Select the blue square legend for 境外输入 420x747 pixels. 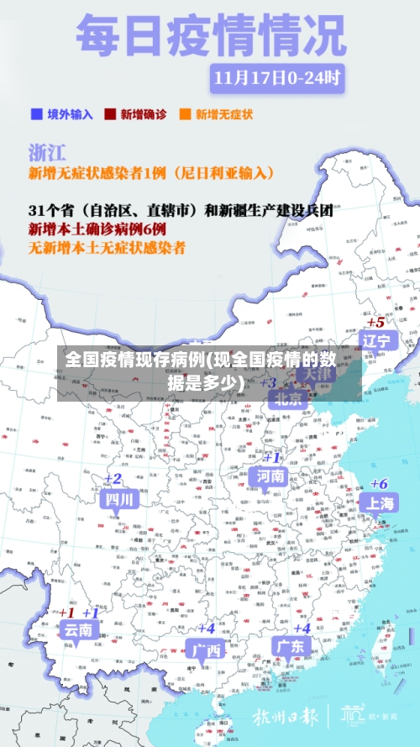point(36,113)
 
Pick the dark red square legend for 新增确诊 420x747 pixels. point(109,113)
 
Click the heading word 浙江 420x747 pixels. point(49,152)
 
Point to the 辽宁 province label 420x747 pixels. point(375,340)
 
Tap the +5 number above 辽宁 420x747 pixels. point(375,322)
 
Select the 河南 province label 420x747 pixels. point(271,476)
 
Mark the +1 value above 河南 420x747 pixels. point(271,458)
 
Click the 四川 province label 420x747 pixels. point(118,498)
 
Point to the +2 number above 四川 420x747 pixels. point(113,479)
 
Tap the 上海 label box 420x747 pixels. point(379,502)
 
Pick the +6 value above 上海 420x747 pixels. point(379,483)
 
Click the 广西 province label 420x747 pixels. point(206,650)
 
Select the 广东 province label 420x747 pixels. point(290,646)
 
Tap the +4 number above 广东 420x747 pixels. point(301,627)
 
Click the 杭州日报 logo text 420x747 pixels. point(285,718)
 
